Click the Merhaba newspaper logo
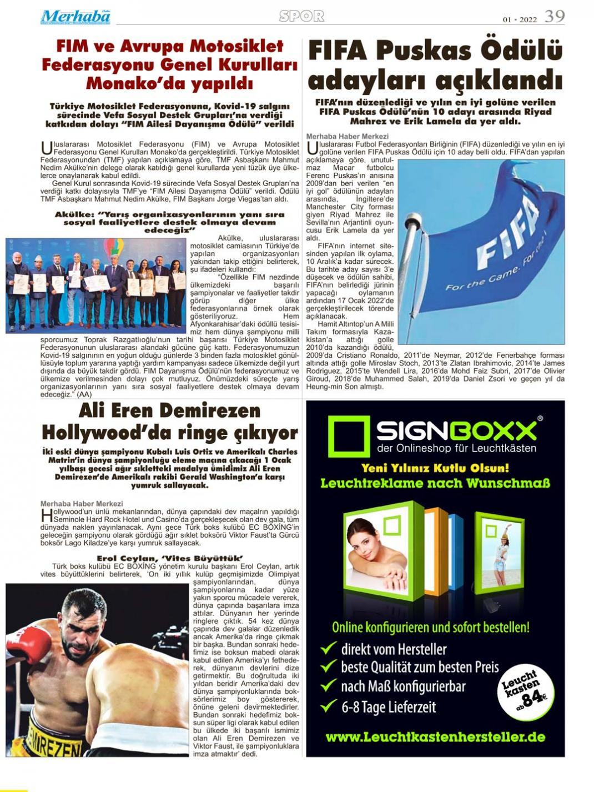point(75,17)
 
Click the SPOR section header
point(301,16)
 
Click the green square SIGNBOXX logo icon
point(349,437)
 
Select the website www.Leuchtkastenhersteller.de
point(435,737)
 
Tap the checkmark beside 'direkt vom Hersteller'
point(329,648)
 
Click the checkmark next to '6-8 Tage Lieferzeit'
point(329,706)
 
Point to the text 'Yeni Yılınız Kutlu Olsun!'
point(435,468)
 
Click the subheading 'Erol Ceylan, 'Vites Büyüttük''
point(169,558)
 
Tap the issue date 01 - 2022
point(520,19)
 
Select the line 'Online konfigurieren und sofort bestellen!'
point(430,628)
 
